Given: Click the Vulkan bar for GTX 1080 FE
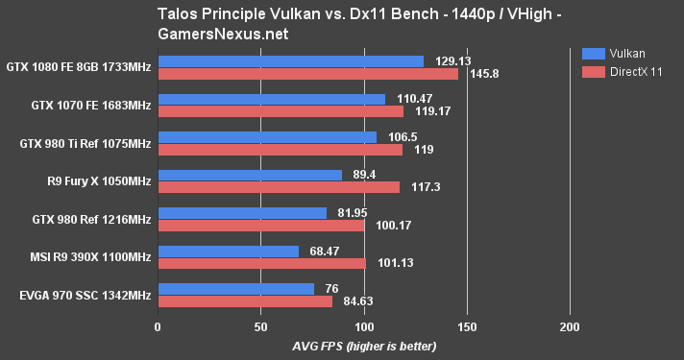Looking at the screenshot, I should click(x=290, y=61).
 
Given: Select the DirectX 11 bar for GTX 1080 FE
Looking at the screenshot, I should click(x=307, y=74).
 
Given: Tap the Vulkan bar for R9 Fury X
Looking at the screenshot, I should click(x=250, y=175).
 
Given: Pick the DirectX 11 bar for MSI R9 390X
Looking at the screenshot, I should click(x=261, y=263).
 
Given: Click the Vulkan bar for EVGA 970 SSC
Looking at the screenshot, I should click(x=235, y=288).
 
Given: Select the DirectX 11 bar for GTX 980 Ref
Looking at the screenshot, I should click(x=260, y=226).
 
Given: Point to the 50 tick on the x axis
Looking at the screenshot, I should click(x=260, y=327).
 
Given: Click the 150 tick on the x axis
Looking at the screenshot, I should click(x=467, y=327).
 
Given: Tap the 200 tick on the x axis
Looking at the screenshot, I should click(x=570, y=327).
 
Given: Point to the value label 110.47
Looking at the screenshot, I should click(x=416, y=99).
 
